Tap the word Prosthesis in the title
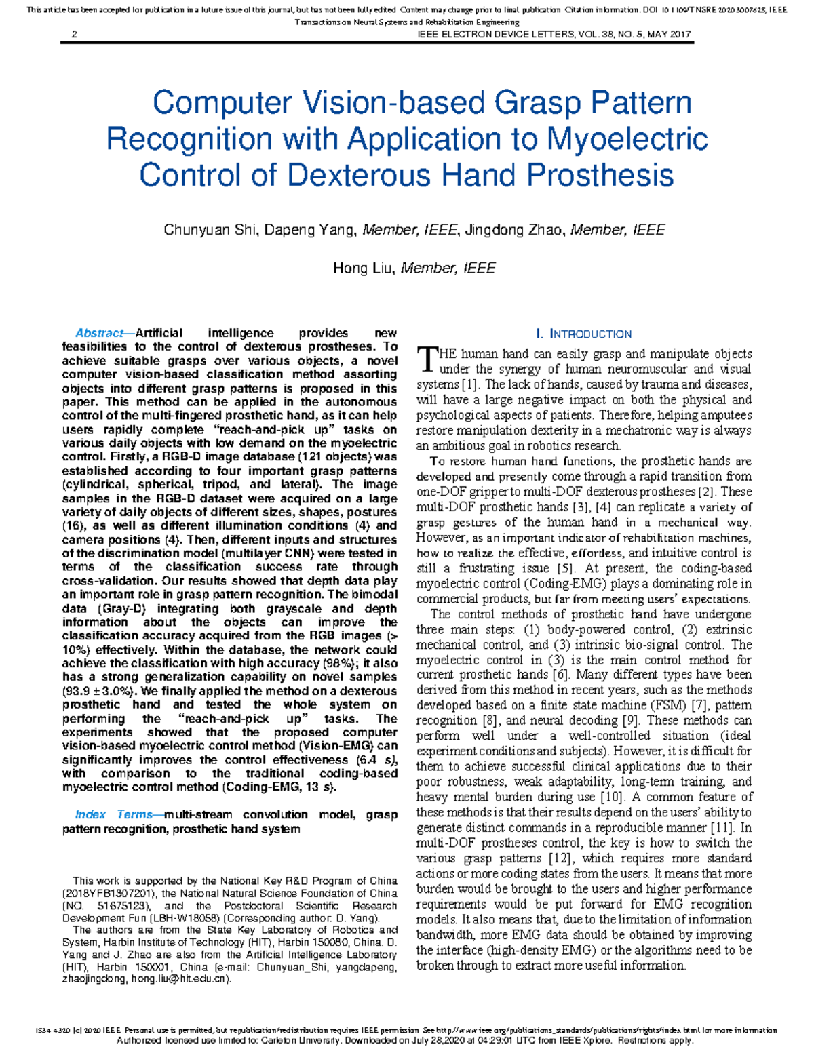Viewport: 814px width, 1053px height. (600, 175)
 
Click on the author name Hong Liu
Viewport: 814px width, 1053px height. (364, 269)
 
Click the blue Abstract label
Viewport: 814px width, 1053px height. (99, 333)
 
